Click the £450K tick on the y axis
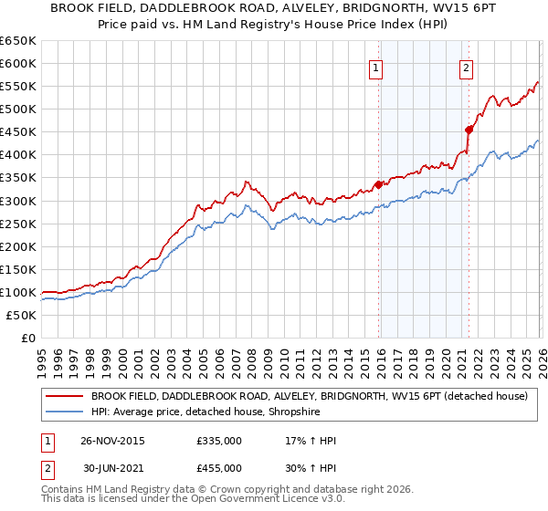(18, 132)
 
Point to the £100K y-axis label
(18, 292)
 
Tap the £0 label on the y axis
(27, 338)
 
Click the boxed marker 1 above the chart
(376, 67)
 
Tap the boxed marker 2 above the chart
(466, 67)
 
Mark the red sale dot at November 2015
(377, 184)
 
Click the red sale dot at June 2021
(468, 130)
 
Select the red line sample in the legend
(64, 397)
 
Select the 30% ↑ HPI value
(311, 467)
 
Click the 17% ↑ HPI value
(311, 441)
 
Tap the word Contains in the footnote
(64, 490)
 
